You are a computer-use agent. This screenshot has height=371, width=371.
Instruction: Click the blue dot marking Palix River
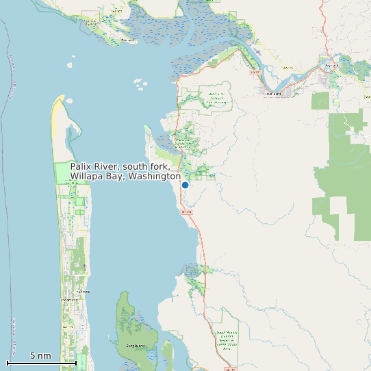click(185, 185)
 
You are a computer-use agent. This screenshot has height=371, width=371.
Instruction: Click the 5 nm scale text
click(40, 356)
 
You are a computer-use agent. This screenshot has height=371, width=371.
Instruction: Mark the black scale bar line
click(41, 363)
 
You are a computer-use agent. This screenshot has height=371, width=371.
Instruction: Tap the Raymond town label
click(332, 65)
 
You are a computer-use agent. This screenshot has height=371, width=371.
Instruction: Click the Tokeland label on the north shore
click(127, 40)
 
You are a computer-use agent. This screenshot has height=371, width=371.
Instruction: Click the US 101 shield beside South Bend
click(256, 71)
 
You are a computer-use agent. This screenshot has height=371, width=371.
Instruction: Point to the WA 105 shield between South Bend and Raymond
click(288, 68)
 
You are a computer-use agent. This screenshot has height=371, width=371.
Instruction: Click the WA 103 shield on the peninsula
click(67, 327)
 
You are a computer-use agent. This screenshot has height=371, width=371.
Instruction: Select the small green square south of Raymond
click(320, 101)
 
